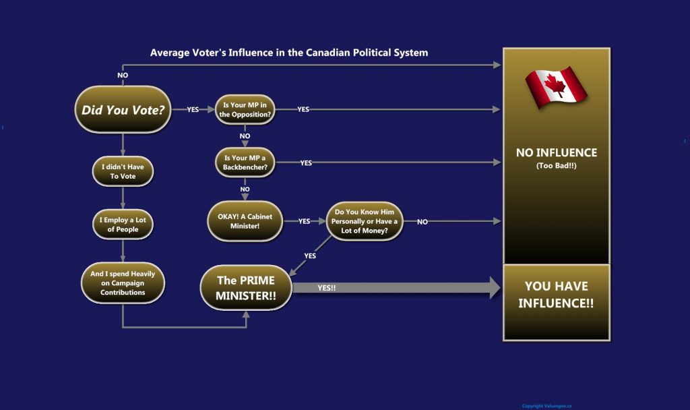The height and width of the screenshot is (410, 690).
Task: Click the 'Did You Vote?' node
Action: [123, 109]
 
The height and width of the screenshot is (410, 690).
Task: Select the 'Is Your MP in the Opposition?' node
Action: [245, 110]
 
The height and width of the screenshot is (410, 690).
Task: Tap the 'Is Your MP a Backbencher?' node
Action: [245, 163]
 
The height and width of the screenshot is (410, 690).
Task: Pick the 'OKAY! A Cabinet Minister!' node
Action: [245, 221]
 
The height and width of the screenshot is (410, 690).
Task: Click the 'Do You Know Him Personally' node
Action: [365, 221]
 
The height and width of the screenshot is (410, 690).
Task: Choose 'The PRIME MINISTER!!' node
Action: [246, 287]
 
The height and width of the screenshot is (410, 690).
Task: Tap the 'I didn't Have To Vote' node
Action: [123, 171]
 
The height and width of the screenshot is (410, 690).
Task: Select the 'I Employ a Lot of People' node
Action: [123, 224]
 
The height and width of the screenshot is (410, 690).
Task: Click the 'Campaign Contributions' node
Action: [123, 283]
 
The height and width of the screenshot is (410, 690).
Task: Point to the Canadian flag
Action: [556, 87]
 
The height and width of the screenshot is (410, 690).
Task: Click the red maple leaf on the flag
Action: [555, 85]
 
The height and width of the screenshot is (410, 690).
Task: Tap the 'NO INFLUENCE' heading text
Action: [556, 153]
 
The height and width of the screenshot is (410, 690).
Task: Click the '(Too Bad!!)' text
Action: [556, 166]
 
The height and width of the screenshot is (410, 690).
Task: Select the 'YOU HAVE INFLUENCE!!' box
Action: [556, 303]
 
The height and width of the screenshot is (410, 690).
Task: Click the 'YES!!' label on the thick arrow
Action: [327, 288]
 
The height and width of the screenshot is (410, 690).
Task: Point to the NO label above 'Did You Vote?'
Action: [123, 76]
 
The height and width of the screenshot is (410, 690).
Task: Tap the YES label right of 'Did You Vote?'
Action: [193, 110]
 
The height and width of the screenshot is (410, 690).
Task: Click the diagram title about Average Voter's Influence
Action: [289, 53]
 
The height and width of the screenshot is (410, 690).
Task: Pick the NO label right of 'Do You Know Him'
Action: [422, 222]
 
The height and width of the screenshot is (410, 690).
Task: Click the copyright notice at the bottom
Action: [547, 406]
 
